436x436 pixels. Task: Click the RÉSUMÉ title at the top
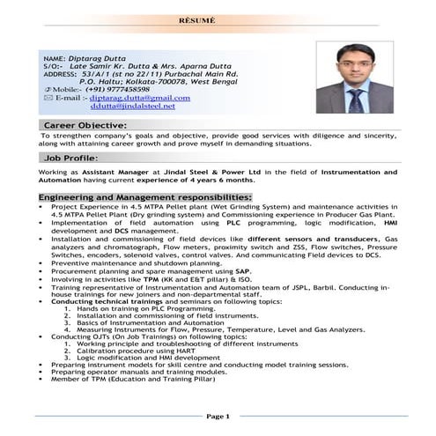pos(218,18)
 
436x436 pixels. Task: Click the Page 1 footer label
pos(218,416)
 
